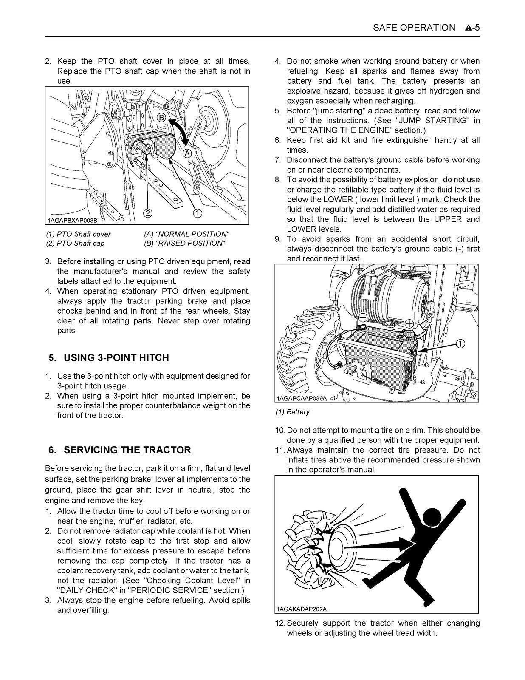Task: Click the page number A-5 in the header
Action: coord(472,28)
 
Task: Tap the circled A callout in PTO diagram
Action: coord(187,153)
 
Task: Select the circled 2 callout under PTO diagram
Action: coord(147,213)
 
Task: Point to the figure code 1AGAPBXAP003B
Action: coord(72,221)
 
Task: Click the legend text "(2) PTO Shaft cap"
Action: coord(75,243)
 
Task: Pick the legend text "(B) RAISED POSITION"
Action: coord(184,243)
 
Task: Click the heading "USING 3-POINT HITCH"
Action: coord(116,358)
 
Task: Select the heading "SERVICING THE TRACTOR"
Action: coord(127,450)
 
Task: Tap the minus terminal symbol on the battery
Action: coord(363,317)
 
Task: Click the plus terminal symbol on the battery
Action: coord(409,324)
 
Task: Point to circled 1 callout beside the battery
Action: coord(461,343)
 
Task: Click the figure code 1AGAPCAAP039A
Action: coord(302,398)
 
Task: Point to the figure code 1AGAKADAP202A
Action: coord(302,609)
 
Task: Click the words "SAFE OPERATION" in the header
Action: coord(414,28)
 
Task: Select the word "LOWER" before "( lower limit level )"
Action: coord(338,200)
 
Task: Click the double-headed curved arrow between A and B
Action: coord(180,133)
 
